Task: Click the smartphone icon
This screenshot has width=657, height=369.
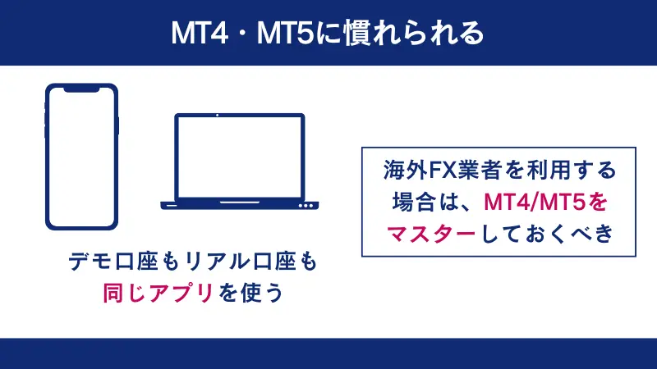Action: click(x=82, y=156)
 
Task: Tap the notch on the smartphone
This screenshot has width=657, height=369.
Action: click(x=82, y=88)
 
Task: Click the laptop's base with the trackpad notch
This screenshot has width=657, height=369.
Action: click(x=240, y=203)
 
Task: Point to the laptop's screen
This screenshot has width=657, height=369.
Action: click(x=240, y=156)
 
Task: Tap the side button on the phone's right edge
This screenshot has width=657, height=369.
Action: click(x=118, y=125)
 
